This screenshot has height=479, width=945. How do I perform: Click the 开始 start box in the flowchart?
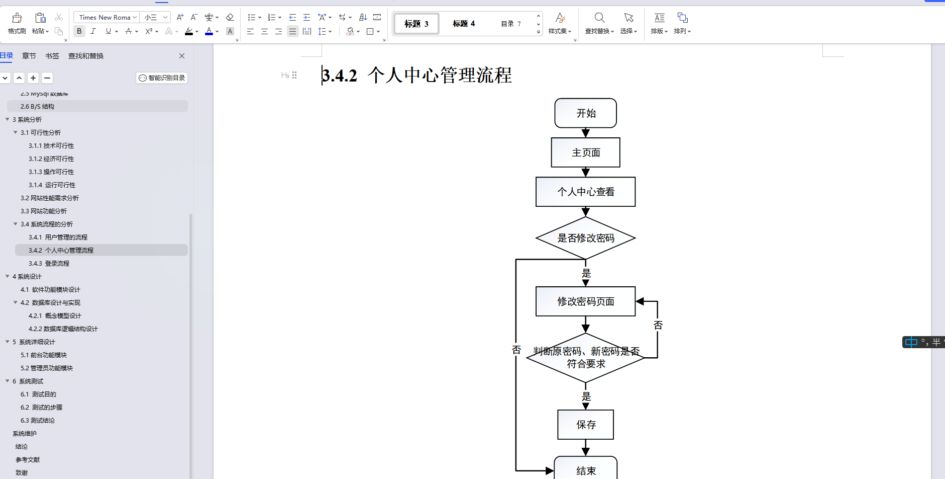coord(585,113)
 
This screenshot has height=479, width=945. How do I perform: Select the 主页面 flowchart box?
coord(585,152)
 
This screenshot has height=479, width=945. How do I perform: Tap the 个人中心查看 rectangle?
coord(585,192)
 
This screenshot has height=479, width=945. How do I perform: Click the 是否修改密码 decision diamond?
coord(585,238)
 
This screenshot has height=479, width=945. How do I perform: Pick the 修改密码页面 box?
coord(585,301)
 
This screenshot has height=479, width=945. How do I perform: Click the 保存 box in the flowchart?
coord(585,425)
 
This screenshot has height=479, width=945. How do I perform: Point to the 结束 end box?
coord(585,470)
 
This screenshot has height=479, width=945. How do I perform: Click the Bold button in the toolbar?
coord(79,31)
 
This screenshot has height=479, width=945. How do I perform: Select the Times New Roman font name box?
coord(105,17)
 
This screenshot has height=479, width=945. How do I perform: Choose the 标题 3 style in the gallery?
coord(416,24)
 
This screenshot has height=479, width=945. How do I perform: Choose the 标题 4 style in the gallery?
coord(463,24)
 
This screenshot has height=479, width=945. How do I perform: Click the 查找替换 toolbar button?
coord(599,23)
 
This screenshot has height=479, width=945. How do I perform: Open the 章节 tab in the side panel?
coord(29,56)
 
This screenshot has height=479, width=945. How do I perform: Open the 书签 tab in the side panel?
coord(52,56)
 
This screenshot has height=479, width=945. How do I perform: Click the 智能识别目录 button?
coord(162,78)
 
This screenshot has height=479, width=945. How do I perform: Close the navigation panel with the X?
coord(182,56)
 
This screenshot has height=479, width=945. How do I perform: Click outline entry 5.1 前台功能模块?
coord(44,355)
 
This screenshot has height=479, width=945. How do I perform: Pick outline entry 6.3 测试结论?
coord(38,421)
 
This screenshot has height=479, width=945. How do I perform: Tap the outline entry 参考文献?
coord(28,460)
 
